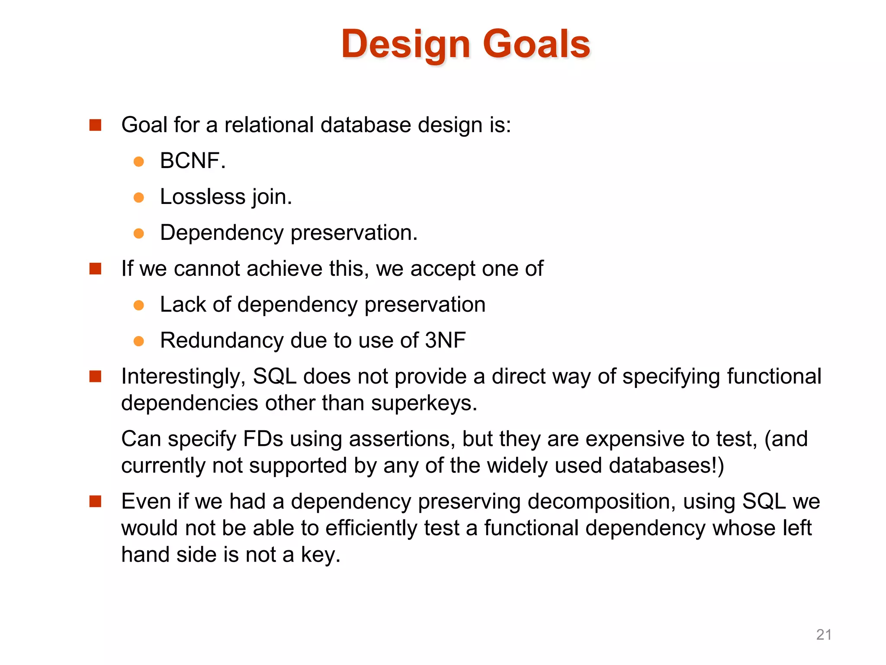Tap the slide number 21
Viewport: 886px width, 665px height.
(824, 635)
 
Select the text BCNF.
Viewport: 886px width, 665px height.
(193, 161)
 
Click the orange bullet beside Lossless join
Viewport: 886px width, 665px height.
(139, 198)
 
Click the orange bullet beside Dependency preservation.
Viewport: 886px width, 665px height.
(139, 234)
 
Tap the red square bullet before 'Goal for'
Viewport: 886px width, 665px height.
(95, 125)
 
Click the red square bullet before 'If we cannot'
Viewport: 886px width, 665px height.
(95, 269)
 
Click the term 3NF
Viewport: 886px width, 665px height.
(445, 340)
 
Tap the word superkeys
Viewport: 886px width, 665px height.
(424, 404)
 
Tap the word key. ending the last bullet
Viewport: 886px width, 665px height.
(321, 555)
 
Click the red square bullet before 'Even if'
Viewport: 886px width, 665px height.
(95, 502)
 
